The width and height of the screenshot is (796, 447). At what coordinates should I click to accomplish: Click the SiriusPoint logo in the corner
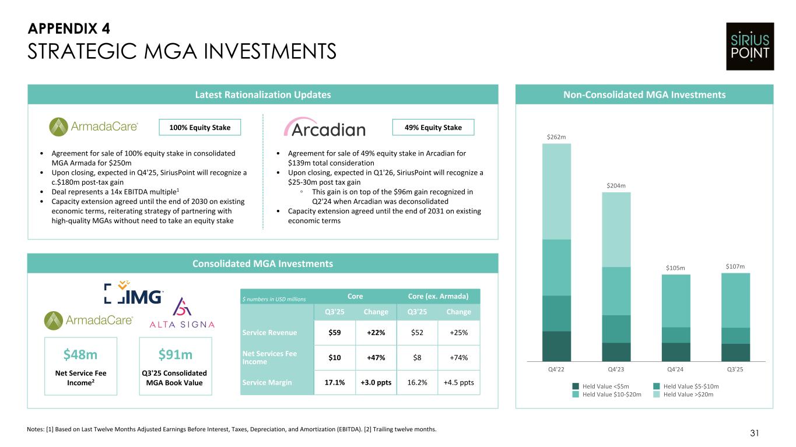[750, 47]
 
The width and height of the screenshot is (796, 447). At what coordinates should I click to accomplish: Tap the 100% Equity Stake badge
[200, 127]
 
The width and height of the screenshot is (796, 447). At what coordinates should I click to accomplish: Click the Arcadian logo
[324, 128]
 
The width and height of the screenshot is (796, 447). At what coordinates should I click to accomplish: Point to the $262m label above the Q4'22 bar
[556, 137]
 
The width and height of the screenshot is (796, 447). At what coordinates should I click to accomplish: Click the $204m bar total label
[616, 186]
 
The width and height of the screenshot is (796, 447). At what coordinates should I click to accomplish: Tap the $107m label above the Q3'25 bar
[735, 266]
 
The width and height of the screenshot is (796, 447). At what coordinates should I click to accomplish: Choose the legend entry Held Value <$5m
[601, 386]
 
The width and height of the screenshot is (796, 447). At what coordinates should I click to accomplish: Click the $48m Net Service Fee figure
[80, 355]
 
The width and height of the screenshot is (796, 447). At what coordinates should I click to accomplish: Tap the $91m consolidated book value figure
[176, 355]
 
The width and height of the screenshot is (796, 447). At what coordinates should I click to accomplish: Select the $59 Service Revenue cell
[335, 333]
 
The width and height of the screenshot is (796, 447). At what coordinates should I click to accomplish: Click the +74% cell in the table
[458, 358]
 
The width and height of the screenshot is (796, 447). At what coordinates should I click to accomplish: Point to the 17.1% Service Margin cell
[335, 382]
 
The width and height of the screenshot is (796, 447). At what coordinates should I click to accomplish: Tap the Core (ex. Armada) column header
[437, 296]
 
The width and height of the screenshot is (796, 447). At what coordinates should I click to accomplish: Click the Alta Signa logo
[183, 314]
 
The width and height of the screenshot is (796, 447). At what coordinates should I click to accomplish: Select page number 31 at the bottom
[755, 433]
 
